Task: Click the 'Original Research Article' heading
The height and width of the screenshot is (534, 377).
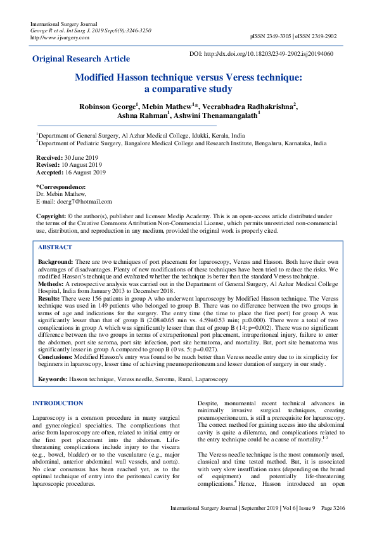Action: click(x=80, y=59)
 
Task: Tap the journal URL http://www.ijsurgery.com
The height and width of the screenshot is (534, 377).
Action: click(x=60, y=37)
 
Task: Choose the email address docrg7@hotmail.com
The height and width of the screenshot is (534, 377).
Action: click(x=85, y=202)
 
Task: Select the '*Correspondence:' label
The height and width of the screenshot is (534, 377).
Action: click(x=61, y=187)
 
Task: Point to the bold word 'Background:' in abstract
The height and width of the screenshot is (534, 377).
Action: click(x=55, y=262)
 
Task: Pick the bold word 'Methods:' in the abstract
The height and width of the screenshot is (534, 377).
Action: click(x=51, y=285)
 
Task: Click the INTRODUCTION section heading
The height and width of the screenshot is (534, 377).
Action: click(x=57, y=403)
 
